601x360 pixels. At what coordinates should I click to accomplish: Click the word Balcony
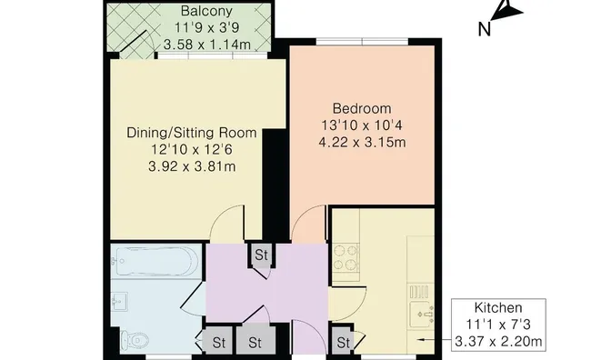206,11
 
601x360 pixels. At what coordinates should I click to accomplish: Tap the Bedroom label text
362,108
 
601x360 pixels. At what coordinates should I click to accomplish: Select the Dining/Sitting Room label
192,133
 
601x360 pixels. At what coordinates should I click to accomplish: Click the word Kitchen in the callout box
498,307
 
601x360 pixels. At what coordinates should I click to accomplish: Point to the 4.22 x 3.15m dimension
362,142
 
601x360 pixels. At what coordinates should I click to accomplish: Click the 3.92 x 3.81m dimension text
192,166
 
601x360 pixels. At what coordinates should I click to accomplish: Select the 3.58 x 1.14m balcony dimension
207,45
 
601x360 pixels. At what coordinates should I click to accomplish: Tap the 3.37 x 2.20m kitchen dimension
498,341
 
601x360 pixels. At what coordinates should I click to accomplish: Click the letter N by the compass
485,29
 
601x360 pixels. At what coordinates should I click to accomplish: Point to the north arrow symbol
506,10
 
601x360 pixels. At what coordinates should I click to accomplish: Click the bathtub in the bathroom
155,261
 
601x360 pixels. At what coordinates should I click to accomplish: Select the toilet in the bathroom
135,339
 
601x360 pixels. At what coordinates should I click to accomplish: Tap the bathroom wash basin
119,302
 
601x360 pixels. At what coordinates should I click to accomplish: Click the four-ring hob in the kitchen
346,257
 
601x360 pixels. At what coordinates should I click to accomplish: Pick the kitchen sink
421,315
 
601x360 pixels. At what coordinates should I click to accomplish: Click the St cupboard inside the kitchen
343,342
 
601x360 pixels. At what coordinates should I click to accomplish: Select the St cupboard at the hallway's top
261,255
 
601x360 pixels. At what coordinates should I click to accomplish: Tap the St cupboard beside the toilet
218,343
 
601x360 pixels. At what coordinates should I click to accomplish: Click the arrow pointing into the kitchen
435,340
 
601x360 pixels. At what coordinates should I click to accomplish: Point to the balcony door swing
135,43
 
